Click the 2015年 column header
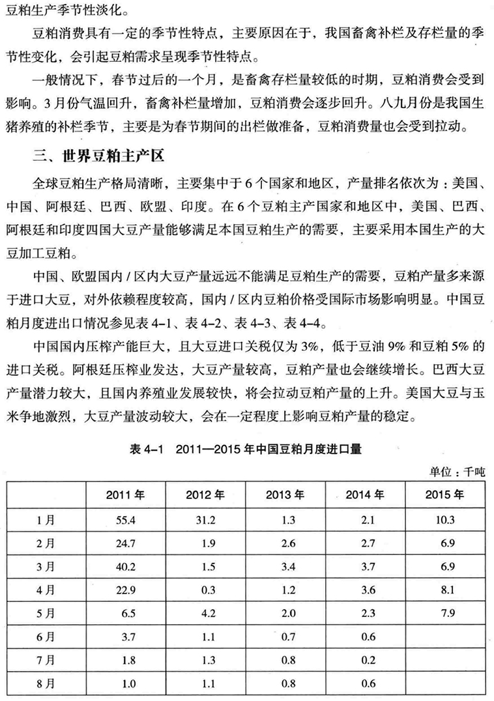click(444, 494)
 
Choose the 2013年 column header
click(285, 494)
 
